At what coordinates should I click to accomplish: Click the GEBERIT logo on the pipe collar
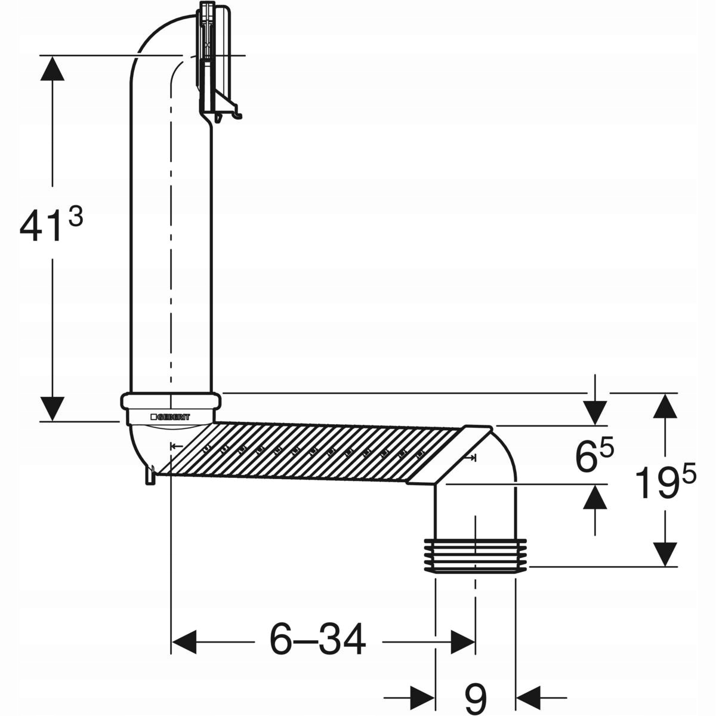(x=171, y=417)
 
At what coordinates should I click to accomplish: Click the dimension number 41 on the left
(x=40, y=225)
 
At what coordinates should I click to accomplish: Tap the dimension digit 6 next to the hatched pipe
(x=586, y=456)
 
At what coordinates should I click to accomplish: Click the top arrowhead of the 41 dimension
(x=53, y=68)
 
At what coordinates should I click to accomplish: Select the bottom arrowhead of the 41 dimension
(x=53, y=409)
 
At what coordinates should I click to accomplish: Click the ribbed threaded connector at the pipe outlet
(x=475, y=555)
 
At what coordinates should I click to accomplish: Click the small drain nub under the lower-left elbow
(x=150, y=477)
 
